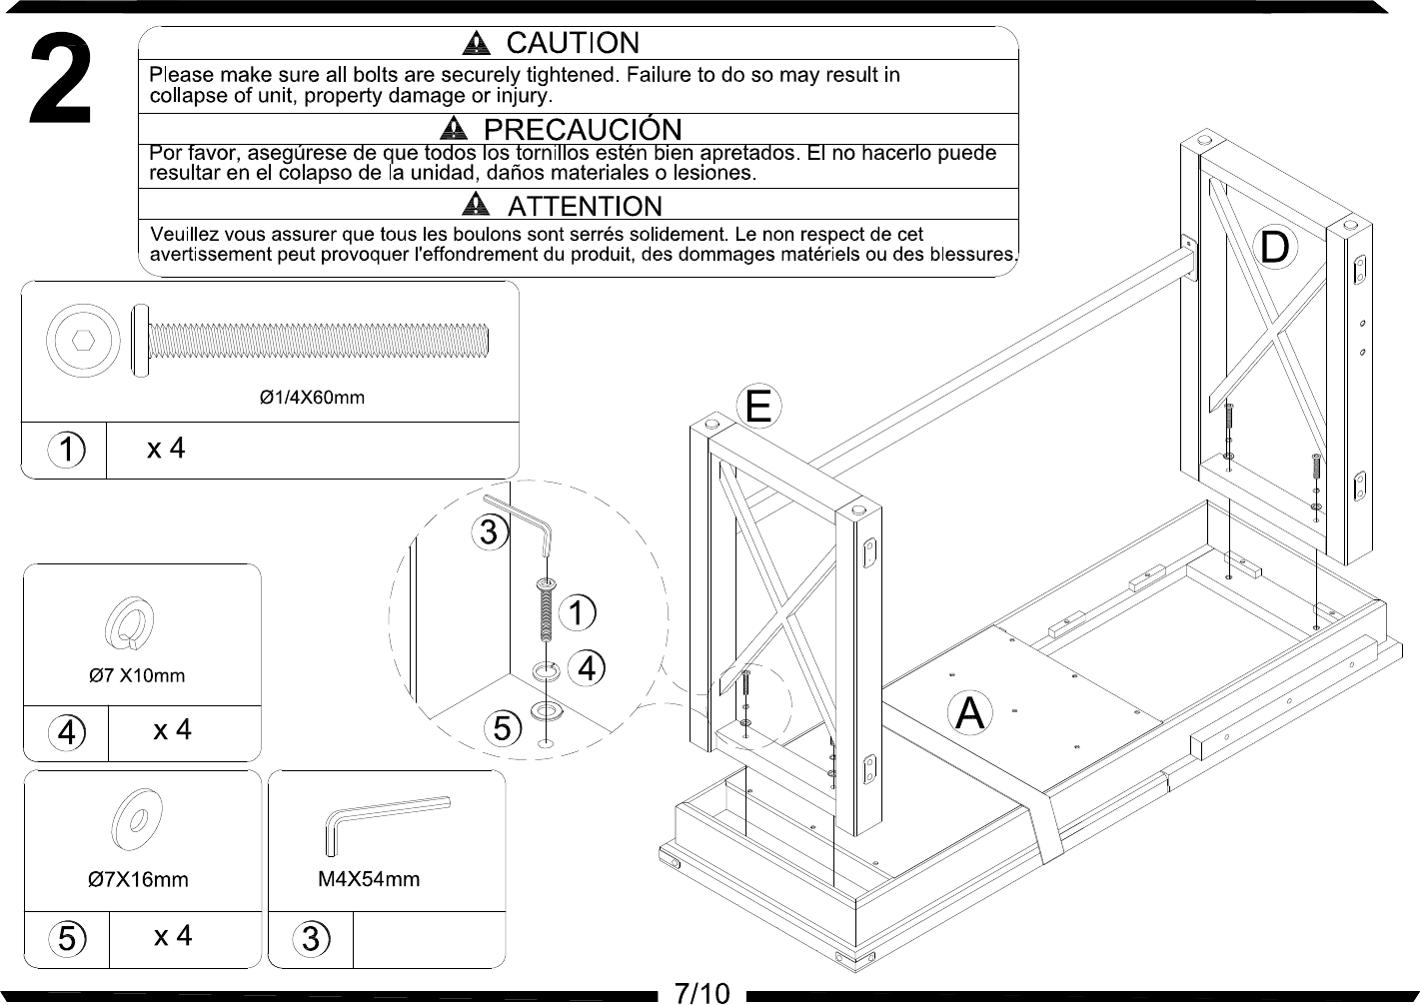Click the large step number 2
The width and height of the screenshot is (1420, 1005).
click(x=61, y=79)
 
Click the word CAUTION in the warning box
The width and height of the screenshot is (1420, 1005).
click(x=573, y=43)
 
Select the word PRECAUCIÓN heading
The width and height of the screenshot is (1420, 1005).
click(x=583, y=129)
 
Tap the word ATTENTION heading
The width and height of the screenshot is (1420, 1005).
click(x=585, y=207)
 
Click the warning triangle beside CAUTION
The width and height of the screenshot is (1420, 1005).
click(x=476, y=43)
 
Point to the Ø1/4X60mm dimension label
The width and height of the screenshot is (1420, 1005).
click(x=312, y=398)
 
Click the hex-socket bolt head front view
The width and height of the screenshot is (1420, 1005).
click(x=83, y=341)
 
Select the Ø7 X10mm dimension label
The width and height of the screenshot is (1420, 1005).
click(x=137, y=675)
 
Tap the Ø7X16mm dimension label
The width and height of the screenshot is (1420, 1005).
click(x=138, y=879)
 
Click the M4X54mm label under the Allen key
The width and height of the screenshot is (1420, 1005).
click(x=369, y=879)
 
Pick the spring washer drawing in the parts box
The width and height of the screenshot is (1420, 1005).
click(x=129, y=623)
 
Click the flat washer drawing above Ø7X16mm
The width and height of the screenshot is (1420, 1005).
click(x=136, y=819)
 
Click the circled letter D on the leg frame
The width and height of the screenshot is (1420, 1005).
click(x=1274, y=247)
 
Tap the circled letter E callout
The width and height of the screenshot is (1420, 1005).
click(x=758, y=407)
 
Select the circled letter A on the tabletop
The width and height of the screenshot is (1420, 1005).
click(x=970, y=713)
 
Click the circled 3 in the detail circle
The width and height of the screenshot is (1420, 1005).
click(x=490, y=531)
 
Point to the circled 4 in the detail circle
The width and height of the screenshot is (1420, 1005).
click(x=587, y=668)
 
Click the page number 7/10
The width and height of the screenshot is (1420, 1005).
click(x=702, y=993)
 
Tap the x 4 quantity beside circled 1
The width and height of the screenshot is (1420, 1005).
click(x=166, y=449)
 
